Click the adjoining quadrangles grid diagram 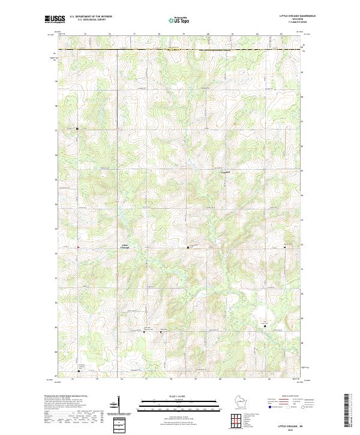click(236, 421)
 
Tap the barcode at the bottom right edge click(347, 410)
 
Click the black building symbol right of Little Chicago click(188, 247)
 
